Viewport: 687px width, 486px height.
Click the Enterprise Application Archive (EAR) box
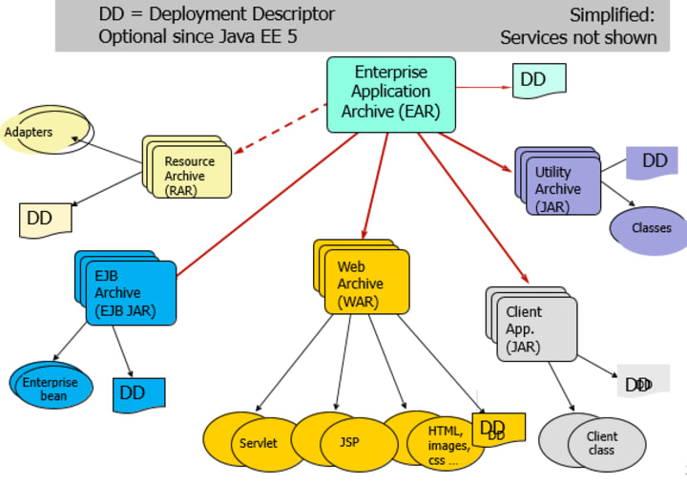pyautogui.click(x=390, y=93)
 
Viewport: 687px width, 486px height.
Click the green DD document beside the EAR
pyautogui.click(x=538, y=80)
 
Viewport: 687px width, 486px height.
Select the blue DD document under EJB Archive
pyautogui.click(x=138, y=393)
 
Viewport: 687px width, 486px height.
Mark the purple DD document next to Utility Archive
pyautogui.click(x=652, y=162)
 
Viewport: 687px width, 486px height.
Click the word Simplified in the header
pyautogui.click(x=614, y=15)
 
